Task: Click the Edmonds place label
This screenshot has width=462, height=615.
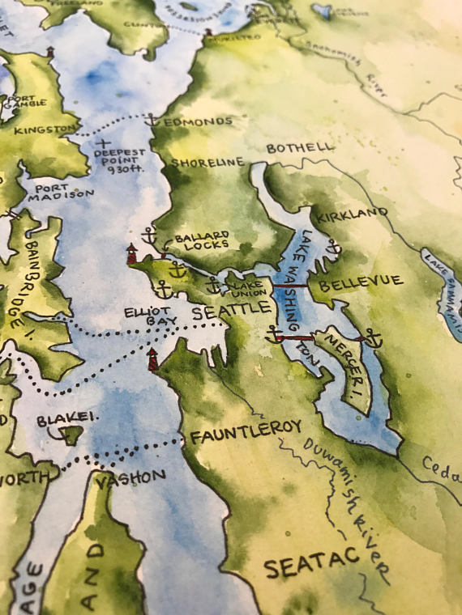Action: click(198, 121)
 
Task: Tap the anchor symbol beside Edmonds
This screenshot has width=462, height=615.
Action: click(152, 120)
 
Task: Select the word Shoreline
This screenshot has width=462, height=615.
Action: click(207, 163)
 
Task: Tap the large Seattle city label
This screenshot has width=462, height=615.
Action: click(231, 310)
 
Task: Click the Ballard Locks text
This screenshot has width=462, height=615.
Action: click(201, 240)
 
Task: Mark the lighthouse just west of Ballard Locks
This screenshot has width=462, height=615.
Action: click(131, 253)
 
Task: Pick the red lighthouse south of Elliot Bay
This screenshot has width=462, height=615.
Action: click(153, 360)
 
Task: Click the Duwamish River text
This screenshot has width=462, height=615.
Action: click(344, 506)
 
